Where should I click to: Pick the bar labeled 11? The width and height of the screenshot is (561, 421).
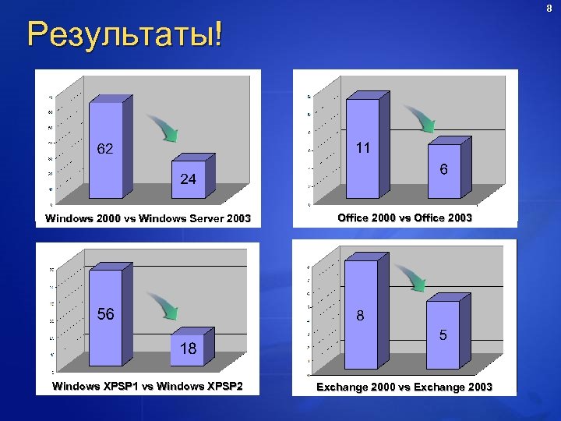[x=362, y=148]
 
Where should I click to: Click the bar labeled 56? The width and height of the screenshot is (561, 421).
[x=105, y=316]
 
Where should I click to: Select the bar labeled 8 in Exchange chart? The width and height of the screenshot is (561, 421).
[x=361, y=316]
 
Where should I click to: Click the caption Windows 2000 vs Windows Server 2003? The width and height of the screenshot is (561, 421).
[x=148, y=219]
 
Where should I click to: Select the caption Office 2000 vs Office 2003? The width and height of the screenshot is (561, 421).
[x=404, y=218]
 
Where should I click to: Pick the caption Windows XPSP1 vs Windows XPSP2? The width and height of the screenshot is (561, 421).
[x=147, y=387]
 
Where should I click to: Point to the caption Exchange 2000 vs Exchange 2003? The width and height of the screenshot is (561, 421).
[x=404, y=387]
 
